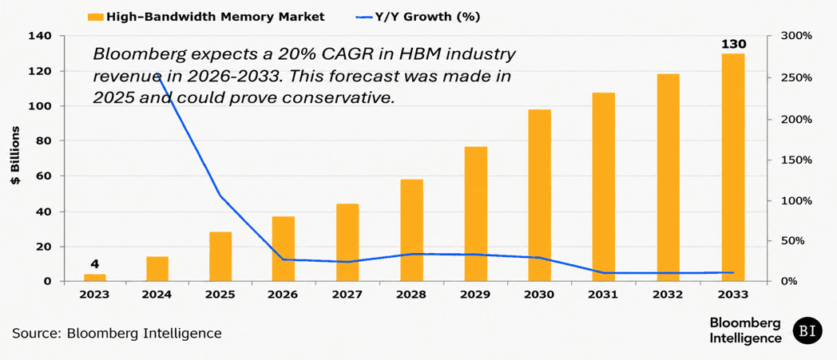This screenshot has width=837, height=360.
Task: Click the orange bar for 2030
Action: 539,196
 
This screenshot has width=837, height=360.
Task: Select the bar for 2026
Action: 283,248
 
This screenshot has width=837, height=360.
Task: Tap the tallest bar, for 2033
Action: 733,168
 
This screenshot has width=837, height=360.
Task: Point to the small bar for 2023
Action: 94,277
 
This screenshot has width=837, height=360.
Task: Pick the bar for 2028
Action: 411,230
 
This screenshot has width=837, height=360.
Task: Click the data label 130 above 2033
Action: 733,44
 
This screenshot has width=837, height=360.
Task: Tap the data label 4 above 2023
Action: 94,263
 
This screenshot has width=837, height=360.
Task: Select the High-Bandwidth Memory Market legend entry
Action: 207,17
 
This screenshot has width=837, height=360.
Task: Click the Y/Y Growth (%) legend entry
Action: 417,17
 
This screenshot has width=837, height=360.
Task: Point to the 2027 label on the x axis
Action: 347,295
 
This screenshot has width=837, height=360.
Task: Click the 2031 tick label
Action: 605,295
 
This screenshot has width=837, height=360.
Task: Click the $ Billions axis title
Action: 17,156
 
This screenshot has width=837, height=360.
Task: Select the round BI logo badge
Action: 807,330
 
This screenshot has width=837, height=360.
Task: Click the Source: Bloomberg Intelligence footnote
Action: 117,334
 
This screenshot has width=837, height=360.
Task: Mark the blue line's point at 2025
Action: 220,196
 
